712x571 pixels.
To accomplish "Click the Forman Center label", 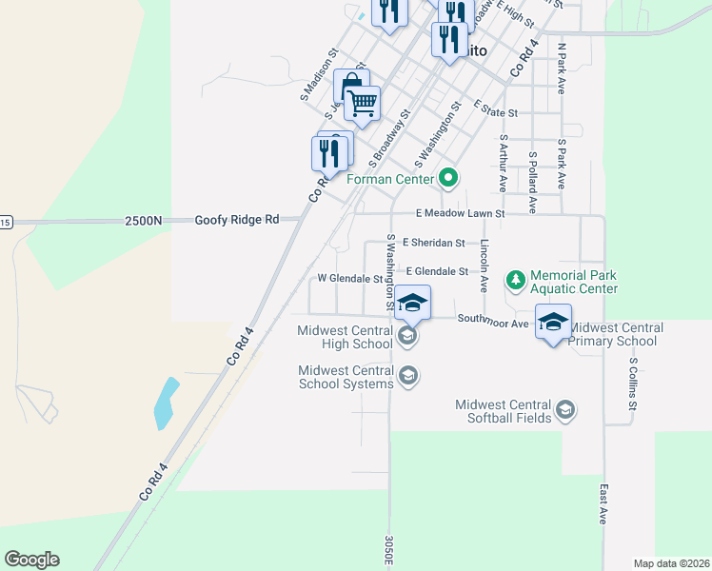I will point(390,178).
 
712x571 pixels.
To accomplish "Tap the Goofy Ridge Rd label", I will point(237,220).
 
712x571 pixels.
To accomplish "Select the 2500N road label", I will point(143,220).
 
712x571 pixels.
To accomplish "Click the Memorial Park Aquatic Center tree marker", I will point(515,279).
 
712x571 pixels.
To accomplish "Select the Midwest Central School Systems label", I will point(346,377).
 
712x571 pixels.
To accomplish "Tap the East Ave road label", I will point(603,502).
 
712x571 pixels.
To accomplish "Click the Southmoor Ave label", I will point(492,323).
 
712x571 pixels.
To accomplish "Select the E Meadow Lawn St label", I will point(460,214).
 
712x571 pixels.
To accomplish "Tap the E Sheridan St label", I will point(433,243).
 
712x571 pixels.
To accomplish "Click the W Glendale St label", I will point(349,279).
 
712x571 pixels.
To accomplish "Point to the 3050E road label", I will point(389,550).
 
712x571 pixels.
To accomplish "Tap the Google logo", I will point(31,560).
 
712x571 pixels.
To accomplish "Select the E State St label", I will point(494,112).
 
